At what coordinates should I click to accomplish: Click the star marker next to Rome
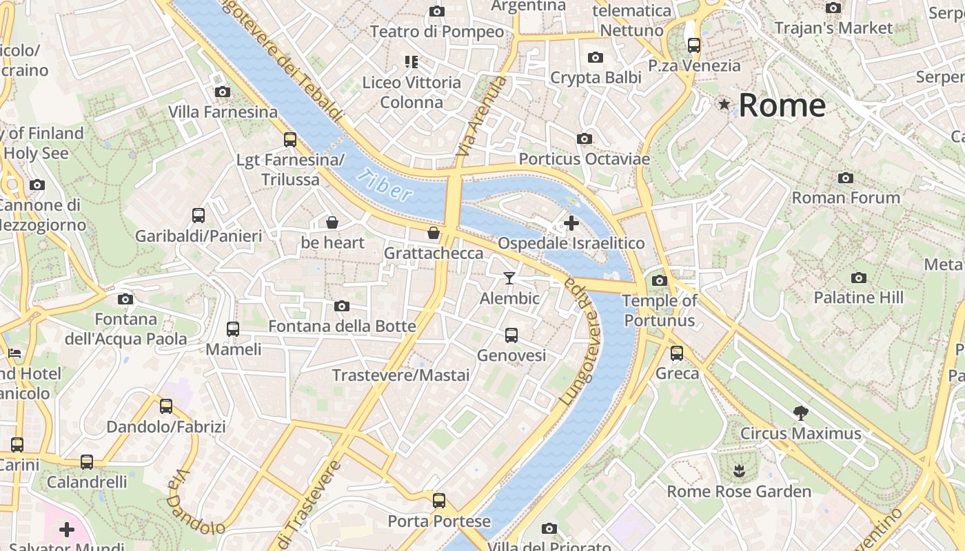[724, 105]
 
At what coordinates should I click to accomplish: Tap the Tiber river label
[385, 185]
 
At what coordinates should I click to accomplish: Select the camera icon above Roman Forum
[846, 178]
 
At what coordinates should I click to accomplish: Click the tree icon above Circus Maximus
[800, 413]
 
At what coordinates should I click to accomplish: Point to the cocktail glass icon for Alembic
[509, 278]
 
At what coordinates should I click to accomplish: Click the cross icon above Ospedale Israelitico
[571, 222]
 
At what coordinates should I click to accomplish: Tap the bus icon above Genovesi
[511, 335]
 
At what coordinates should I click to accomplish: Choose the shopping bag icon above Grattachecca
[433, 233]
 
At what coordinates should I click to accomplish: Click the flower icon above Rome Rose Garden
[739, 471]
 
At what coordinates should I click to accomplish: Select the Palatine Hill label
[858, 298]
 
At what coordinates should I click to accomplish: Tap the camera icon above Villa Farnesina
[222, 92]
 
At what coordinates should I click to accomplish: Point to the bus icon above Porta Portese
[439, 500]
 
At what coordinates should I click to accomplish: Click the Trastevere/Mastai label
[400, 375]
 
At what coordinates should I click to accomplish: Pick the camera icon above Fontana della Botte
[341, 306]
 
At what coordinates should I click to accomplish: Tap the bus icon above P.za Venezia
[693, 45]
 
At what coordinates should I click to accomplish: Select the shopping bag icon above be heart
[332, 222]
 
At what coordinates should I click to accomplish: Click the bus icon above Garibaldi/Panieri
[199, 215]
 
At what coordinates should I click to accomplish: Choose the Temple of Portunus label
[660, 311]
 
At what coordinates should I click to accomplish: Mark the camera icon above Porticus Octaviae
[584, 139]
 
